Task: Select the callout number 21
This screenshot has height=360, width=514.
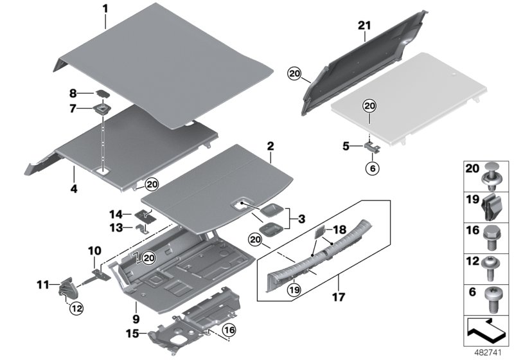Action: click(x=365, y=26)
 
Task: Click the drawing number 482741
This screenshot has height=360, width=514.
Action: click(x=492, y=353)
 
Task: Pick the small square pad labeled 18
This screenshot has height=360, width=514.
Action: click(x=319, y=234)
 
